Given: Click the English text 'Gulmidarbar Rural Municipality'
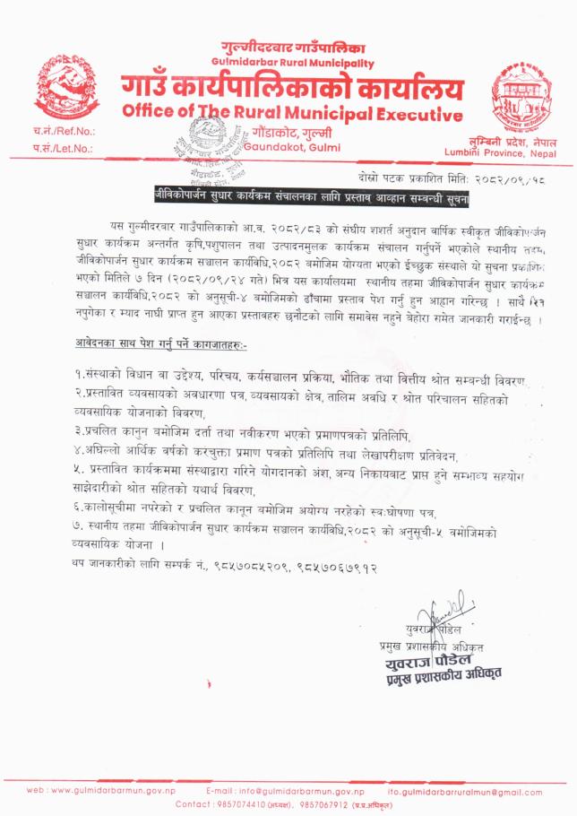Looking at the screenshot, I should (x=293, y=62).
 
